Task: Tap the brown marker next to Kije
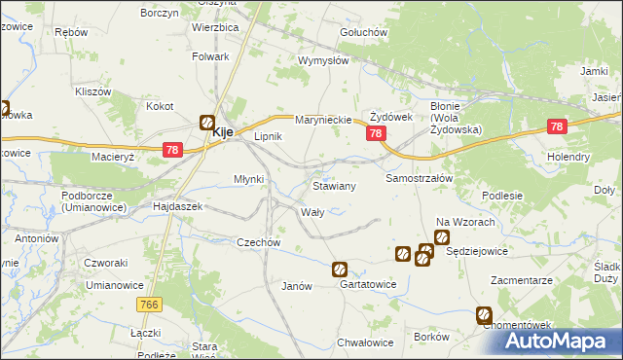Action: tap(207, 123)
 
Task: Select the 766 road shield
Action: tap(149, 306)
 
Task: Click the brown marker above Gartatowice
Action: tap(340, 270)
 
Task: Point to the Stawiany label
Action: tap(334, 185)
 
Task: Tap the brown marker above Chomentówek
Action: tap(484, 314)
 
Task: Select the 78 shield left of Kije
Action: tap(171, 149)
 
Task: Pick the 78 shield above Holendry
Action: tap(557, 126)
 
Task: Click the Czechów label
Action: tap(259, 242)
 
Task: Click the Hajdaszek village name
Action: tap(177, 207)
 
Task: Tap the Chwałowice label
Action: tap(364, 342)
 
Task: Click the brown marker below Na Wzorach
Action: tap(441, 237)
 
